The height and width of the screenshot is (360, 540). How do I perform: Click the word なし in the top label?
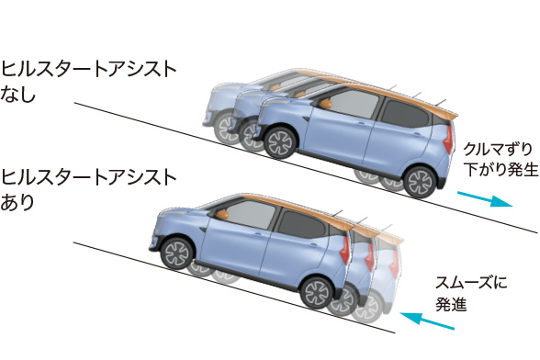click(18, 94)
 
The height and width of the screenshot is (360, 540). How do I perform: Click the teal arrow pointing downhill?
click(484, 198)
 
